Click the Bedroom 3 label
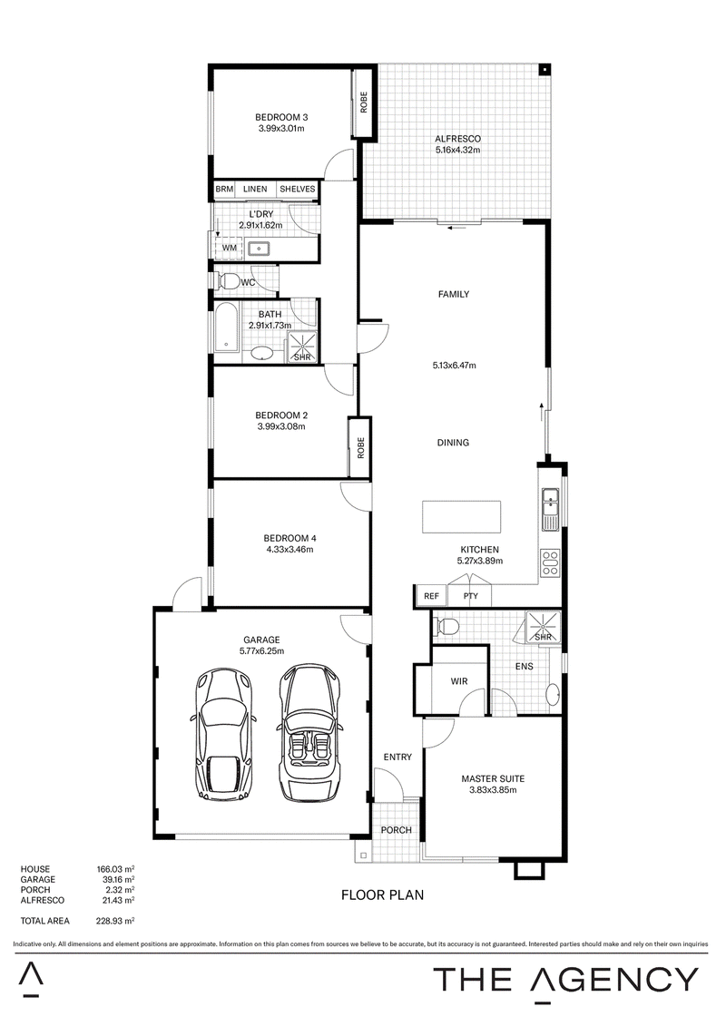pyautogui.click(x=281, y=118)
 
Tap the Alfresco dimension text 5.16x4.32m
pyautogui.click(x=458, y=150)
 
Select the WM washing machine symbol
pyautogui.click(x=229, y=248)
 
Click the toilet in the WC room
pyautogui.click(x=227, y=281)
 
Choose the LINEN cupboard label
pyautogui.click(x=255, y=189)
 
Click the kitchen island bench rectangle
pyautogui.click(x=462, y=517)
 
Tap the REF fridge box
pyautogui.click(x=431, y=596)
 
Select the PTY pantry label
pyautogui.click(x=471, y=596)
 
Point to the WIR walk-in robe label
pyautogui.click(x=459, y=681)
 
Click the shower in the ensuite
pyautogui.click(x=544, y=627)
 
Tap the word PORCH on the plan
pyautogui.click(x=396, y=830)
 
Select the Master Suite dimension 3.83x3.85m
pyautogui.click(x=493, y=790)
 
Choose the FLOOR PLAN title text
pyautogui.click(x=382, y=894)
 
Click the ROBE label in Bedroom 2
pyautogui.click(x=360, y=447)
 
